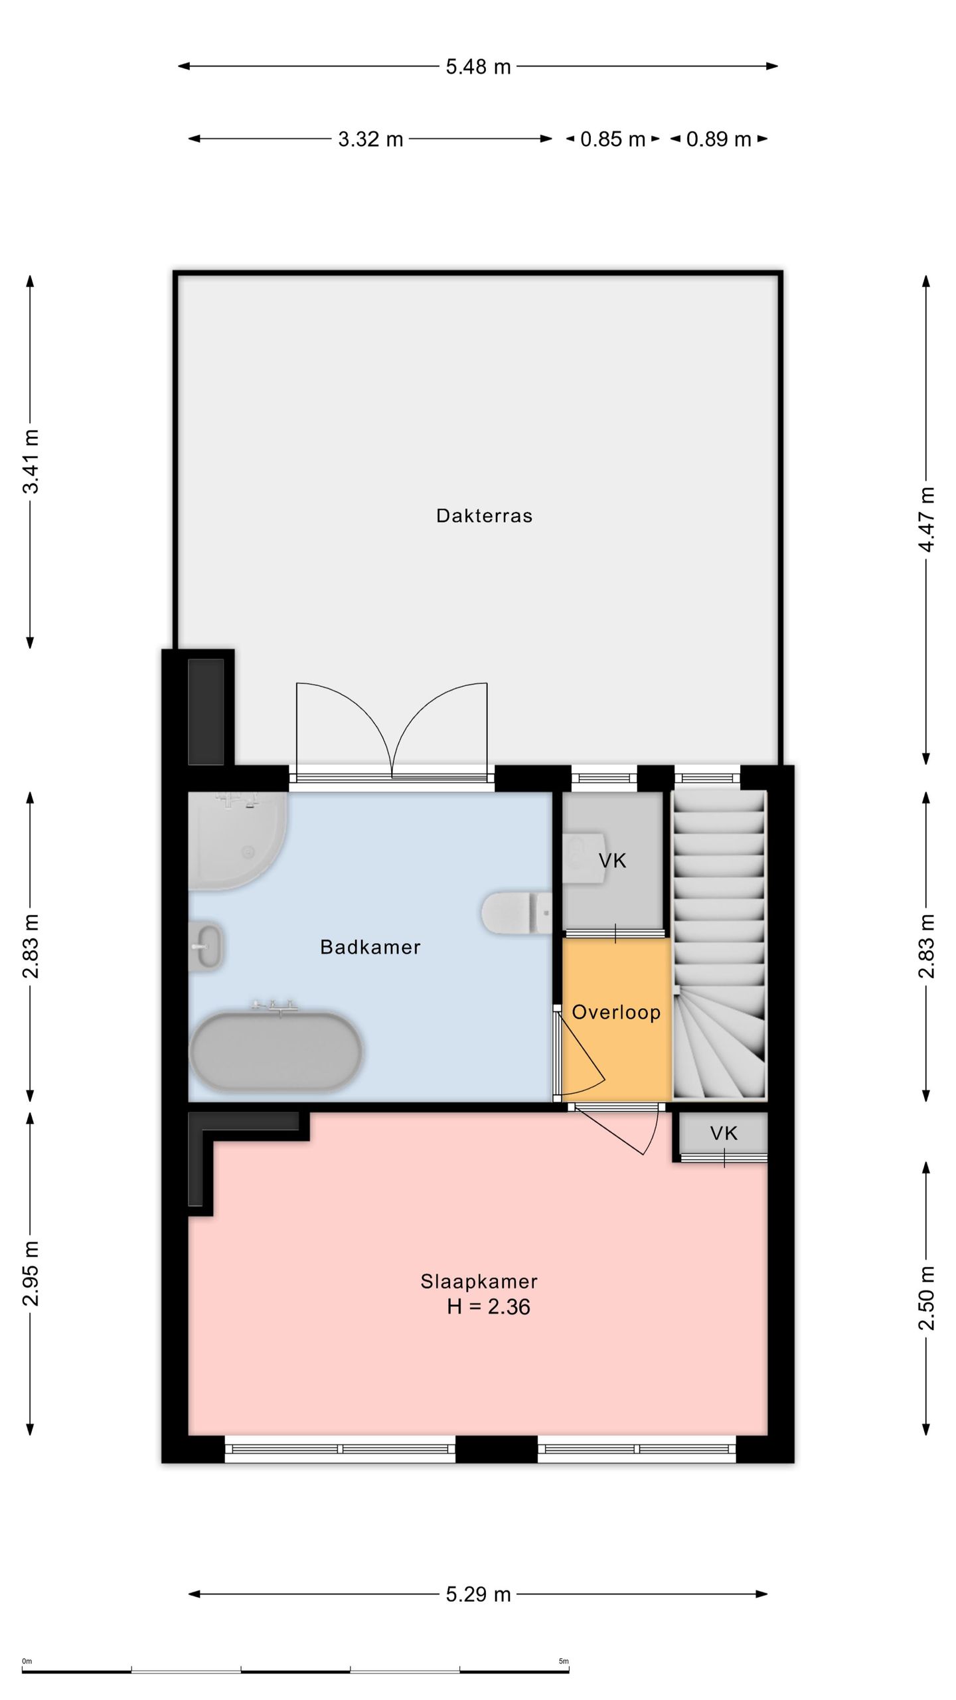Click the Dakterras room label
coord(484,516)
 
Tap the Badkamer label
coord(370,947)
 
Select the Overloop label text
coord(616,1012)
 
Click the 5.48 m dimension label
coord(478,66)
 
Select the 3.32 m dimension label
coord(370,139)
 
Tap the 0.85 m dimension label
coord(613,139)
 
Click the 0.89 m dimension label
coord(718,139)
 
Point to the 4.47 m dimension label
coord(927,519)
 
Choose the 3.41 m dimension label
coord(31,462)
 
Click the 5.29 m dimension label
coord(478,1594)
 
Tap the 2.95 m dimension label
coord(31,1273)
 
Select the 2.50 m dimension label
coord(927,1298)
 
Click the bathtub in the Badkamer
coord(276,1051)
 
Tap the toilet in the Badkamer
coord(516,912)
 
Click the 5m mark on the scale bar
coord(564,1661)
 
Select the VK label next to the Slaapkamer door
coord(724,1133)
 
